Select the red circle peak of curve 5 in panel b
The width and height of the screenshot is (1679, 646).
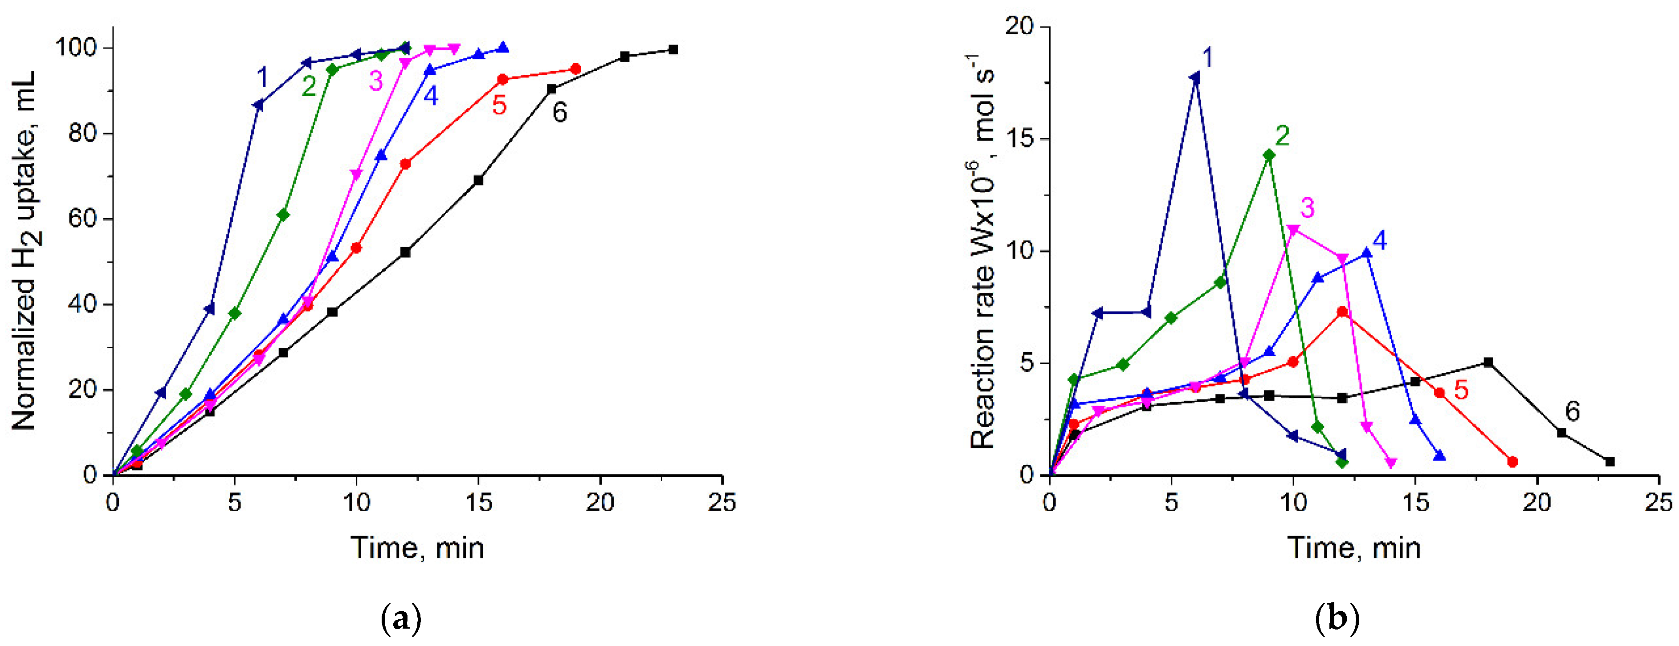[x=1342, y=312]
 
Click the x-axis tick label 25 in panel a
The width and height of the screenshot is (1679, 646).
[x=721, y=503]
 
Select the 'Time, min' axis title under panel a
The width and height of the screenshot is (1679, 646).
[x=418, y=548]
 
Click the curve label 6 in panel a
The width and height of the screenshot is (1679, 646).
[x=560, y=113]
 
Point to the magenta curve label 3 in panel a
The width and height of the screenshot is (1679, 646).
[x=376, y=81]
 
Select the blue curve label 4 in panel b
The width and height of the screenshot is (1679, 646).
[x=1379, y=241]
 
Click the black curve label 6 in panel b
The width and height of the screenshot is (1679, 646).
[x=1573, y=412]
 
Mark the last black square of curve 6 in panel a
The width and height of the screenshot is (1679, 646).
[x=673, y=49]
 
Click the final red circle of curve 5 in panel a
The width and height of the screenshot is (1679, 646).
[x=575, y=69]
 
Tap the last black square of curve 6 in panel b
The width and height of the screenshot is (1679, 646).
[x=1610, y=462]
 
